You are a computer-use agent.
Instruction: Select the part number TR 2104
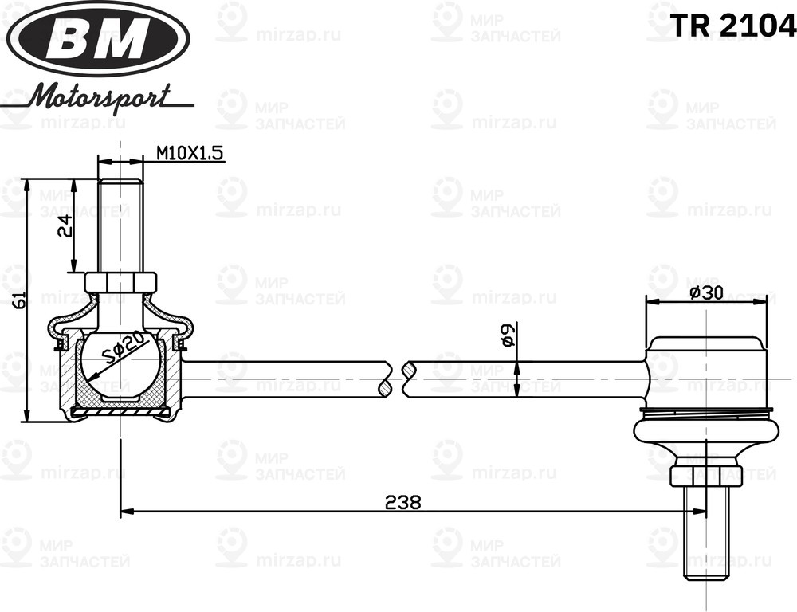tap(732, 26)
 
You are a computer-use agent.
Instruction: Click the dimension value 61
tap(20, 300)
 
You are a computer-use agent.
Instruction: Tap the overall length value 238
tap(402, 502)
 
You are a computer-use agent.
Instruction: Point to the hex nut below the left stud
tap(120, 283)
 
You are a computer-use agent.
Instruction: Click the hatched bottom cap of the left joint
tap(120, 410)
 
